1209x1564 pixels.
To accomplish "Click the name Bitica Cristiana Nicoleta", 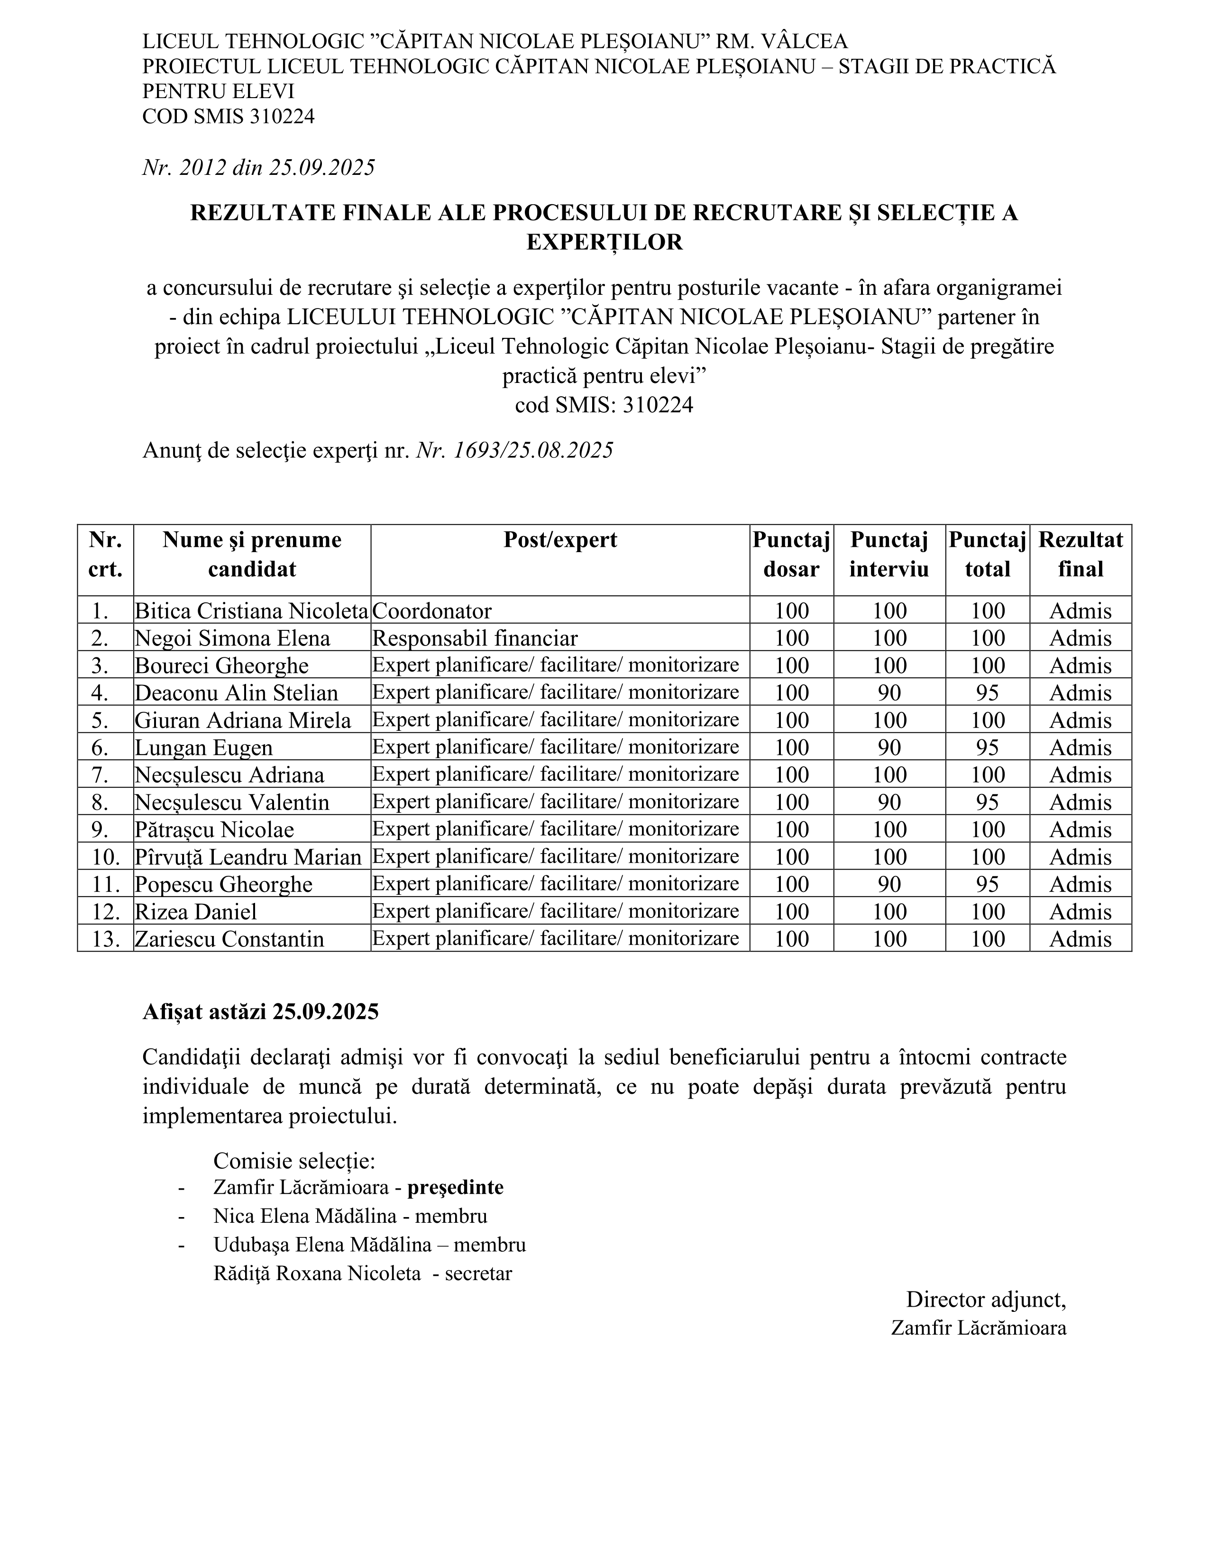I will pos(251,611).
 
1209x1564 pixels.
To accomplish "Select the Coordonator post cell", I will pos(432,611).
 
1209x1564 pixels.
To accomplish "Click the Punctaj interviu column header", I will pos(889,555).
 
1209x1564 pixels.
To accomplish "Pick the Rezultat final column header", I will pos(1080,555).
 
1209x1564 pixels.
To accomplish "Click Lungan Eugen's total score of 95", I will pos(988,747).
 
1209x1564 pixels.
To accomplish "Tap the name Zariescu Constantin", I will pos(229,939).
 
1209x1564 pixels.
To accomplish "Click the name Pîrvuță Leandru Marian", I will pos(248,857).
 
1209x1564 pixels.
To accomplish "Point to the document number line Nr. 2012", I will pos(258,168).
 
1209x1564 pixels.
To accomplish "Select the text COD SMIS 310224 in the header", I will pos(229,116).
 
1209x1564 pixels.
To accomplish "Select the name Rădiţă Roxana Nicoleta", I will pos(317,1273).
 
